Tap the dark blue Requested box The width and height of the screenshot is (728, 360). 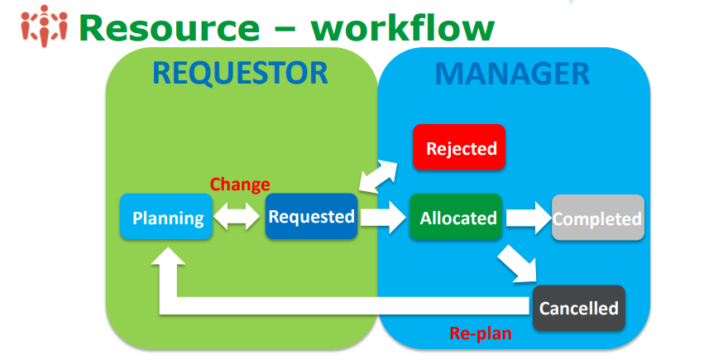(x=311, y=217)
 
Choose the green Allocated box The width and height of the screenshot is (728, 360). (x=457, y=218)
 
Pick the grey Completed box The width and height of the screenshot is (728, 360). (x=597, y=218)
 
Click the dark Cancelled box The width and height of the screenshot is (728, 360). (x=578, y=308)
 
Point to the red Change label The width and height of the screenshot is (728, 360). (x=240, y=185)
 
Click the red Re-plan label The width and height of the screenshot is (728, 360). (x=480, y=334)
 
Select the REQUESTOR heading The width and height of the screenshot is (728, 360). (x=241, y=74)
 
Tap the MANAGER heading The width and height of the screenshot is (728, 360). (x=512, y=74)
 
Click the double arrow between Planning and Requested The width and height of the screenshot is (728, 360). (x=238, y=218)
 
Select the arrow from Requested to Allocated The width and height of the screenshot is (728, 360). (x=383, y=218)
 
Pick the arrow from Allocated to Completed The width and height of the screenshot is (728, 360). (x=528, y=218)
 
